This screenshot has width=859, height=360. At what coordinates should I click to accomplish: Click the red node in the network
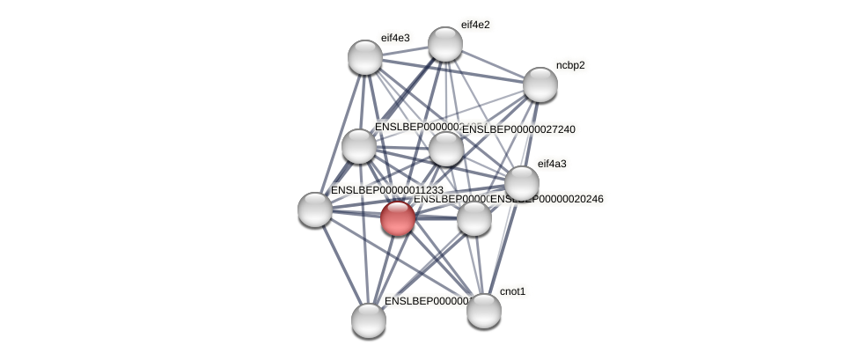point(397,217)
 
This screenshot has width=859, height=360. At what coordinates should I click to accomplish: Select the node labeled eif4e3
point(365,57)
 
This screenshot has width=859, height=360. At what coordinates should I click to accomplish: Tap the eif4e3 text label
point(395,38)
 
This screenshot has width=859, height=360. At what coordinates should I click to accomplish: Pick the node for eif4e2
point(444,44)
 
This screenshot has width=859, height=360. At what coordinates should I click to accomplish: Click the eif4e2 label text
point(475,25)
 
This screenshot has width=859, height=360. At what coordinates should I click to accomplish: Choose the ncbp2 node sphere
point(540,84)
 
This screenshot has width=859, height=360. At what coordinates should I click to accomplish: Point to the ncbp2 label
point(570,65)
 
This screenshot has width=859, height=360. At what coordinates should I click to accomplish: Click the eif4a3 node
point(521,183)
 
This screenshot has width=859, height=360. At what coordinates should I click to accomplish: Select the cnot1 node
point(483,310)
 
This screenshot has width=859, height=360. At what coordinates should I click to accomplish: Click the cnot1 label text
point(512,291)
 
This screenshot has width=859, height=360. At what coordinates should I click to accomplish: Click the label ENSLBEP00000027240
point(518,129)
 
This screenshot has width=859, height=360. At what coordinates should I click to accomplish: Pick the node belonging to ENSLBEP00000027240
point(445,148)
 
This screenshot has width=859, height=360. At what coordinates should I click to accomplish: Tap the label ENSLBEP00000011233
point(386,190)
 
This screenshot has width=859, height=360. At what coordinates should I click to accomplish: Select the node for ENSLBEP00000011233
point(315,209)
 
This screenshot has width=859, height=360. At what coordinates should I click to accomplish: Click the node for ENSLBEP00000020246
point(474,217)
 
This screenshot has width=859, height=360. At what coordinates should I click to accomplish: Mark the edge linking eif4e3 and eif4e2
point(405,51)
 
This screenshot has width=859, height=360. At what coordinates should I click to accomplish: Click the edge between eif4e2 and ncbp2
point(492,64)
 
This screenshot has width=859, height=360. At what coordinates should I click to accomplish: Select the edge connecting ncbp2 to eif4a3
point(531,134)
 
